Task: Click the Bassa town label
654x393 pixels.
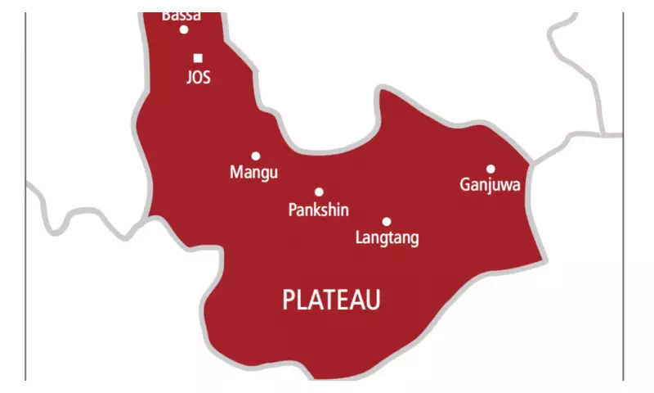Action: [181, 15]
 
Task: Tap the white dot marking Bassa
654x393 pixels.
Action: [184, 29]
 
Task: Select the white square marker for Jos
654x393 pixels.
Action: [198, 58]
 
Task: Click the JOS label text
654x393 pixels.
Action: [198, 78]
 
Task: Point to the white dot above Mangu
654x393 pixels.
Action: [256, 156]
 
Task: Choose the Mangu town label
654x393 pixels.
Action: [254, 173]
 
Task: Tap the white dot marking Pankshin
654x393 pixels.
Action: [319, 192]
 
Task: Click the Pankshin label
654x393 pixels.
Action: [319, 210]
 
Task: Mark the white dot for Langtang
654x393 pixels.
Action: [387, 221]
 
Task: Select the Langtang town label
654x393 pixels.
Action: [387, 238]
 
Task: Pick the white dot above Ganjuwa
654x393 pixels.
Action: [490, 169]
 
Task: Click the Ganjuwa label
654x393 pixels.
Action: [490, 185]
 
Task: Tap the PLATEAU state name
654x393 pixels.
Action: [331, 300]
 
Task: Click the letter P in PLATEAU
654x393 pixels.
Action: [288, 300]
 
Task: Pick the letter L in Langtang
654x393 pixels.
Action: [360, 238]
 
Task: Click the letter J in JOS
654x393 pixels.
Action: [189, 78]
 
